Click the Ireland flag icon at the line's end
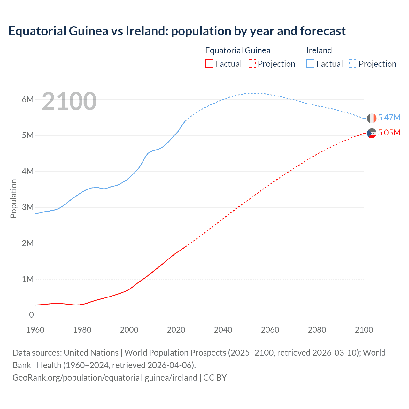click(x=372, y=118)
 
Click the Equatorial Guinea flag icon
click(x=372, y=133)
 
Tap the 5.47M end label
click(x=389, y=118)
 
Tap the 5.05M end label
click(x=389, y=133)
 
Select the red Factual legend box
click(x=209, y=64)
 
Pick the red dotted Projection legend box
click(x=252, y=64)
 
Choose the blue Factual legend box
click(x=310, y=64)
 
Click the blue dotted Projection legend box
click(x=353, y=64)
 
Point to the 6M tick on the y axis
click(x=28, y=99)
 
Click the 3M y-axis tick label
click(x=28, y=207)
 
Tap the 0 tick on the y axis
click(x=31, y=315)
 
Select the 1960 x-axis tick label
click(x=35, y=330)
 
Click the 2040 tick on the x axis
click(x=223, y=330)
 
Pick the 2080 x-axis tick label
click(x=317, y=330)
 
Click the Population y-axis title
click(x=13, y=198)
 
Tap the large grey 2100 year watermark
click(x=69, y=101)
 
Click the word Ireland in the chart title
click(x=147, y=31)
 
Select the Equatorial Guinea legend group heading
click(x=238, y=50)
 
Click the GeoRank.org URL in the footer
click(x=105, y=377)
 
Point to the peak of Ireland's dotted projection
click(x=254, y=93)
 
